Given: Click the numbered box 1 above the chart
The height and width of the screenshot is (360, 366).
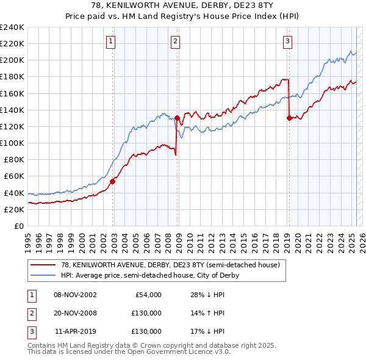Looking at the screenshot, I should pyautogui.click(x=111, y=41).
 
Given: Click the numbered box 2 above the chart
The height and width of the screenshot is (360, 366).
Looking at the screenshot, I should pyautogui.click(x=175, y=41).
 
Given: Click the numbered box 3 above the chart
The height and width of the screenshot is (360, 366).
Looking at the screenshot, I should pyautogui.click(x=287, y=41).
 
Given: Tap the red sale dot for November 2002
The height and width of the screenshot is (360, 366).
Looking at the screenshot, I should pyautogui.click(x=113, y=181).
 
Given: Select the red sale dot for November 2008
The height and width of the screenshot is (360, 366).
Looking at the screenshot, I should pyautogui.click(x=177, y=118).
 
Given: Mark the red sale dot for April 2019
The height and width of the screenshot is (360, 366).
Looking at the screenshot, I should pyautogui.click(x=289, y=118).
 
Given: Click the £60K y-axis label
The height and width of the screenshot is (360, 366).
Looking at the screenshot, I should pyautogui.click(x=14, y=176).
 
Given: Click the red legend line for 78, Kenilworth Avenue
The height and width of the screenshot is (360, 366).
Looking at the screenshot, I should pyautogui.click(x=43, y=265).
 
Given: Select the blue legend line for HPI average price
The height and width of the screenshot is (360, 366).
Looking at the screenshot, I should pyautogui.click(x=43, y=275).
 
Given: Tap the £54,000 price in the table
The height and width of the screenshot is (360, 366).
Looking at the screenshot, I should pyautogui.click(x=147, y=295).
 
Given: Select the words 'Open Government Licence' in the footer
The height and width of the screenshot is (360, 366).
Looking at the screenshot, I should pyautogui.click(x=177, y=352).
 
